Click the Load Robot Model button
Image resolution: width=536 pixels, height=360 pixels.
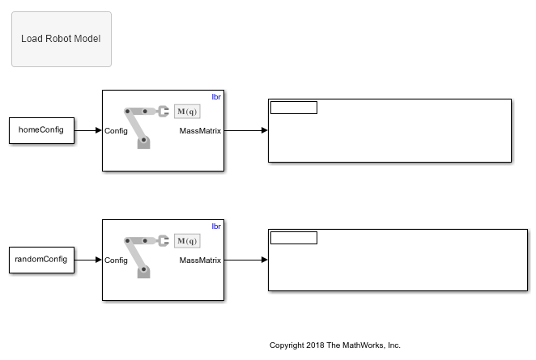pos(61,39)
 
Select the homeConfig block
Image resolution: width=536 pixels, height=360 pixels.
pos(41,130)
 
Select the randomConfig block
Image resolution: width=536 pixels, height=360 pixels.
pos(41,260)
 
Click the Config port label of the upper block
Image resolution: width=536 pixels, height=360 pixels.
pos(116,130)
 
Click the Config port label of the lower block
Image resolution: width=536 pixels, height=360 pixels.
pos(116,260)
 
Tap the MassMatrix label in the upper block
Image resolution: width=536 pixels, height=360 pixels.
pos(200,130)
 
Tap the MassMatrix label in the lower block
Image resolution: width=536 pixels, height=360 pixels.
pos(200,260)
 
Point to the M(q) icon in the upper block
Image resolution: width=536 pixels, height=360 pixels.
pos(187,112)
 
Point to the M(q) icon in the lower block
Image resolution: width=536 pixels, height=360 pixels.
pos(187,241)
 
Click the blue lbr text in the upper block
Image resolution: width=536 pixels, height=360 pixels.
pos(216,96)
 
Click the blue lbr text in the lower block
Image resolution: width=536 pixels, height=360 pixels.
pos(216,226)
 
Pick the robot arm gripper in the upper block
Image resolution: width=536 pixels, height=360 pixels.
pos(163,111)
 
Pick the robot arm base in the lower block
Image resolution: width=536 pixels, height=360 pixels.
pos(144,272)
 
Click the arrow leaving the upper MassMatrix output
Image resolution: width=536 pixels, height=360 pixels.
pos(245,130)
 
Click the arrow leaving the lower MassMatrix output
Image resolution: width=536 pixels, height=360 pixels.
pos(245,260)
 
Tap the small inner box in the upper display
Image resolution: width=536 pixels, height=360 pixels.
pos(293,108)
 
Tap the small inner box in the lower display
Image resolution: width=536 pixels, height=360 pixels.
pos(293,238)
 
